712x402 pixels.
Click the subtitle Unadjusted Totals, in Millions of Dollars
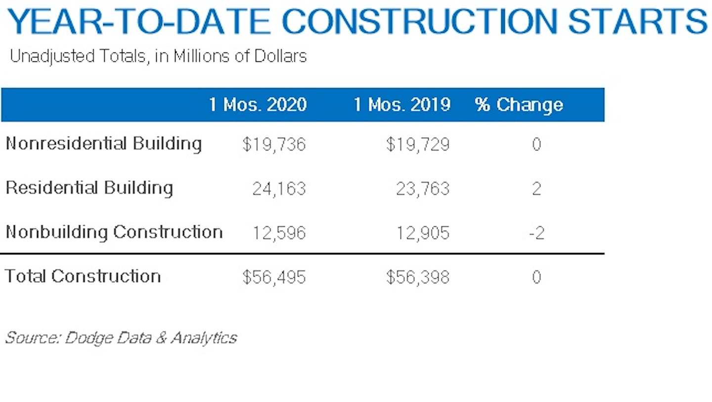(x=158, y=56)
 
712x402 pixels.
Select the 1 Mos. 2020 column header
(x=258, y=105)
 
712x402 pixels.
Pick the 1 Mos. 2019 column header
(x=401, y=105)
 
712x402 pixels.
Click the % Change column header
(x=519, y=105)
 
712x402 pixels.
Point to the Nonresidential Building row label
(x=104, y=144)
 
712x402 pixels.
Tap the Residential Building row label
(x=89, y=188)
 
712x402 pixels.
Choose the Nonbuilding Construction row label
(x=114, y=232)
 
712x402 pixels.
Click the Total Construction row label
(x=83, y=276)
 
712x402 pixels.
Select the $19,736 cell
(x=274, y=145)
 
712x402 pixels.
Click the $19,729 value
(x=418, y=145)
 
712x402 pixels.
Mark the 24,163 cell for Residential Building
(x=279, y=189)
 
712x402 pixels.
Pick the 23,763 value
(x=423, y=189)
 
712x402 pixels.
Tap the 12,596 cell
(x=279, y=233)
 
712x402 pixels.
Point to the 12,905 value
(x=423, y=233)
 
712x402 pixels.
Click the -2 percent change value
(x=536, y=233)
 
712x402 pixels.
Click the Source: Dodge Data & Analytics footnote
(x=121, y=338)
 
